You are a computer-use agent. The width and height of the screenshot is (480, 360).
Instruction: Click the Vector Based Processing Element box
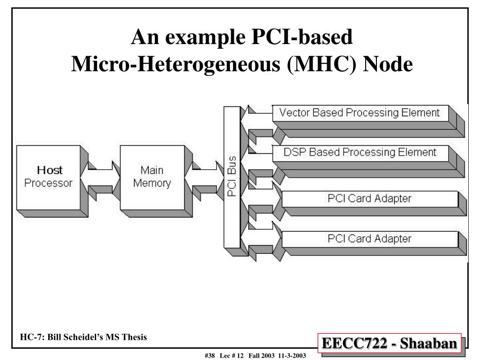click(360, 113)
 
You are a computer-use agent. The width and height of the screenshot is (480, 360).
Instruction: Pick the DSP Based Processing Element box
click(360, 152)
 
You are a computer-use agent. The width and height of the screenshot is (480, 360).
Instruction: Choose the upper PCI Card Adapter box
click(369, 198)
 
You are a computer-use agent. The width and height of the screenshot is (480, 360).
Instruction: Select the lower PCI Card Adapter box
click(369, 239)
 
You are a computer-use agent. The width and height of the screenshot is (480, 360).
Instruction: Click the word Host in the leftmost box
click(50, 170)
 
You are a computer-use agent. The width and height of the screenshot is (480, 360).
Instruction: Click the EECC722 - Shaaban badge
click(389, 344)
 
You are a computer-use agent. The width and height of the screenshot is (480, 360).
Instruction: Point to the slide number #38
click(209, 356)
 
